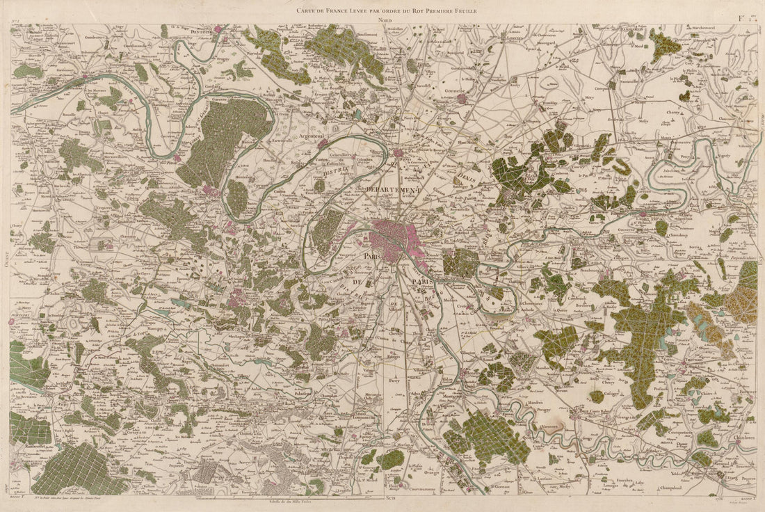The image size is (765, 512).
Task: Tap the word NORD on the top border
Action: coord(385,21)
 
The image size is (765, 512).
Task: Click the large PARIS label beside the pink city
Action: coord(371,257)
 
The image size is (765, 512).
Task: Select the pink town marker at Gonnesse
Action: coord(462,99)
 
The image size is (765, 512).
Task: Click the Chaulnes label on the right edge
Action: coord(745,436)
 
